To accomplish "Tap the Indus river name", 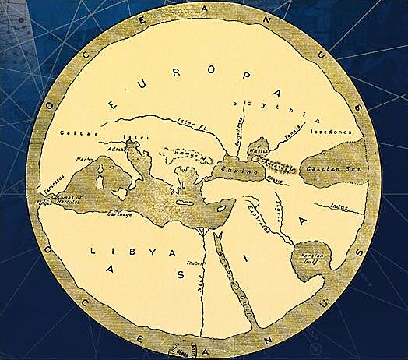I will click(x=336, y=206).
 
